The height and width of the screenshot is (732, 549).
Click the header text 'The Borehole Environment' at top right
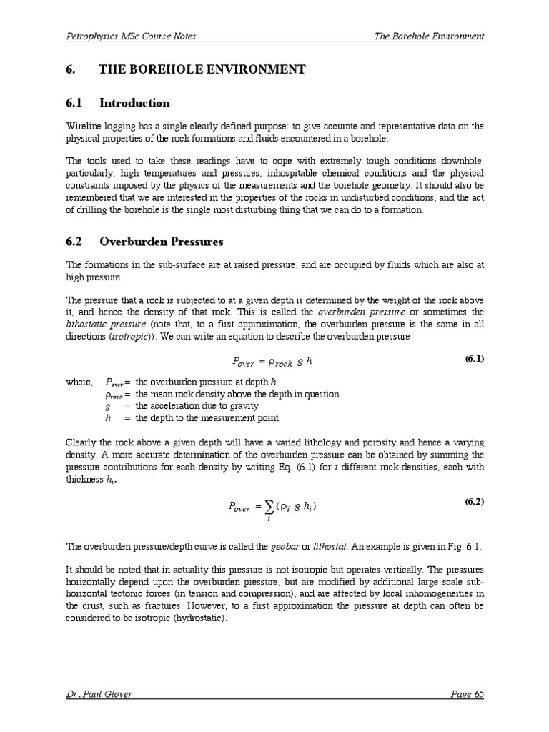click(429, 36)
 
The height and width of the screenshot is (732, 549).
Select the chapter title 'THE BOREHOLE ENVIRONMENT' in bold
click(202, 69)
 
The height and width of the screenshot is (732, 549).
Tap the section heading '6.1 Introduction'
click(117, 102)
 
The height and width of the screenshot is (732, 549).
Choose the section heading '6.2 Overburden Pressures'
click(144, 241)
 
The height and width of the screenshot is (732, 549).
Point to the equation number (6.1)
click(474, 359)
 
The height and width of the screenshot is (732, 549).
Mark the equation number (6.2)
click(474, 502)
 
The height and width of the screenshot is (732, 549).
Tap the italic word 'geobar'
click(284, 546)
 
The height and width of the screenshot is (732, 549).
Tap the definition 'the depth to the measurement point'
click(208, 418)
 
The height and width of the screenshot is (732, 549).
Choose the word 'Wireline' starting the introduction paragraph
click(83, 126)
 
